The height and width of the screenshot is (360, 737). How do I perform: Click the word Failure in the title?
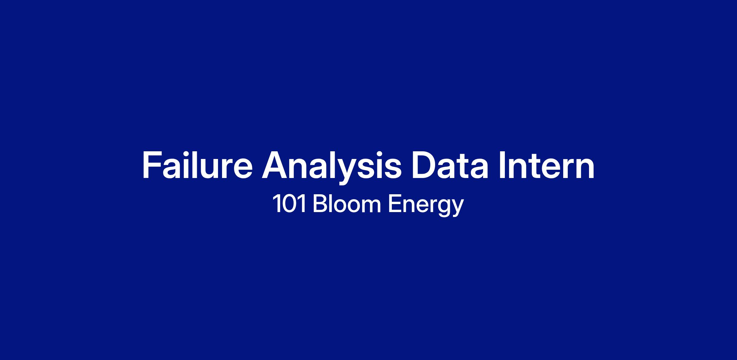197,165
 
